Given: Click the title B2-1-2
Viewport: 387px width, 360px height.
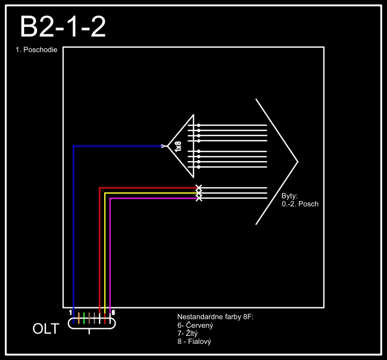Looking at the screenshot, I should pyautogui.click(x=62, y=27).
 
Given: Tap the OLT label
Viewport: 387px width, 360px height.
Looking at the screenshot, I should pyautogui.click(x=46, y=329).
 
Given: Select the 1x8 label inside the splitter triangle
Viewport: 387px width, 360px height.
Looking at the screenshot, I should pyautogui.click(x=178, y=146).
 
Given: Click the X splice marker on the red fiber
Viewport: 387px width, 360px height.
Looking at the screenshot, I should pyautogui.click(x=199, y=188).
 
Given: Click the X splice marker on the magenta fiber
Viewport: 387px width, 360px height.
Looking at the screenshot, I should pyautogui.click(x=199, y=198).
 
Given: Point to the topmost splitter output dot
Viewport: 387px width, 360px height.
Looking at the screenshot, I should pyautogui.click(x=199, y=125).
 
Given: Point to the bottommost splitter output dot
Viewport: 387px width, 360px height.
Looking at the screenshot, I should pyautogui.click(x=199, y=167).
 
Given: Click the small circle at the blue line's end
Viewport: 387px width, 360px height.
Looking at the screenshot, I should pyautogui.click(x=162, y=146).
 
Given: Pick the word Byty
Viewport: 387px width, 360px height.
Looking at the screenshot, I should pyautogui.click(x=290, y=196).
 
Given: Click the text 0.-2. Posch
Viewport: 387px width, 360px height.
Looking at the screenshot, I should pyautogui.click(x=300, y=204).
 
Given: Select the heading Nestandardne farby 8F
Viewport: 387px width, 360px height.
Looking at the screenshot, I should pyautogui.click(x=215, y=317).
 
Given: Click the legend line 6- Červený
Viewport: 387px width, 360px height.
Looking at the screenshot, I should pyautogui.click(x=196, y=326).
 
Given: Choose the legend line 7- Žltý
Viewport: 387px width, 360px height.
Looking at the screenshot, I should pyautogui.click(x=188, y=334).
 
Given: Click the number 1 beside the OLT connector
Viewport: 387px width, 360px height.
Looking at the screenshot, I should pyautogui.click(x=70, y=312).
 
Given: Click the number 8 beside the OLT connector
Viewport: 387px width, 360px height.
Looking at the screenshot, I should pyautogui.click(x=113, y=312).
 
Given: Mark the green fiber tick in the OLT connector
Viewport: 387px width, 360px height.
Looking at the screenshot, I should pyautogui.click(x=84, y=318).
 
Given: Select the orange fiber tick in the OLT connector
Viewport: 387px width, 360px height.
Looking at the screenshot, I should pyautogui.click(x=78, y=318).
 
